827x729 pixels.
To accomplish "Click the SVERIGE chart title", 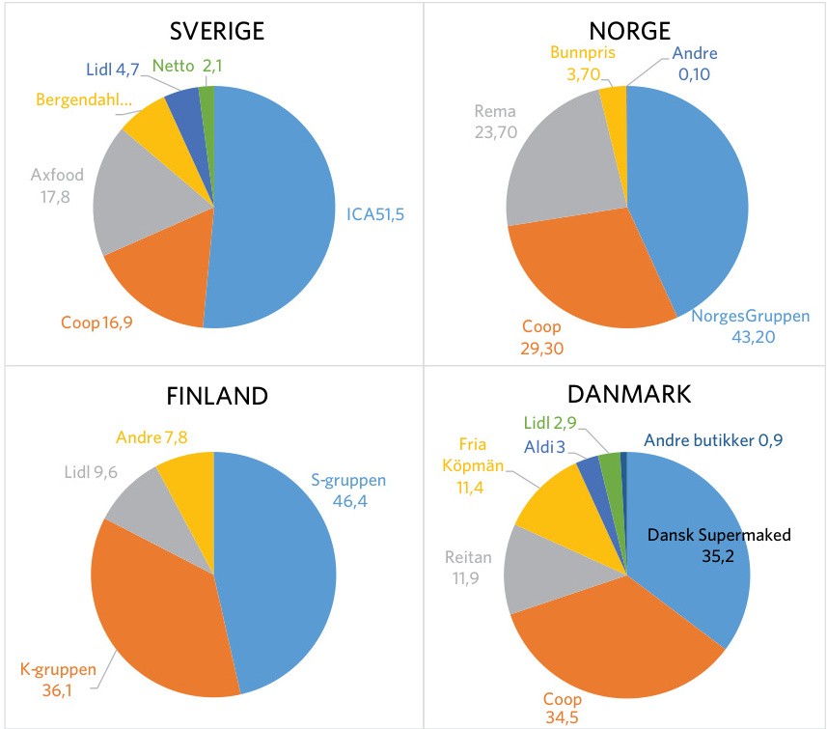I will pyautogui.click(x=216, y=32).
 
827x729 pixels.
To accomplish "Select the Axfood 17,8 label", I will pyautogui.click(x=57, y=185).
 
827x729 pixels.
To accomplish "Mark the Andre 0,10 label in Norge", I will pyautogui.click(x=695, y=64).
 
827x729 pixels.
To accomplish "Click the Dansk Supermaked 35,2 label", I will pyautogui.click(x=705, y=545).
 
